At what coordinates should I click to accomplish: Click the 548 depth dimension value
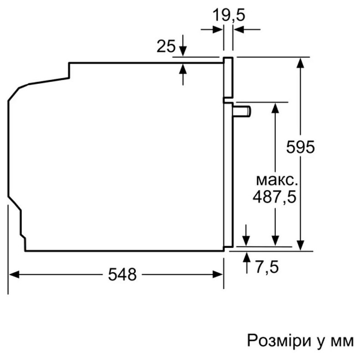coord(123,274)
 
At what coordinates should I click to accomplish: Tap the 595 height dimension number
coord(301,147)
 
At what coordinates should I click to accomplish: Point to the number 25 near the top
coord(166,46)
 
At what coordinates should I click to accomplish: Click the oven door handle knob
coord(243,110)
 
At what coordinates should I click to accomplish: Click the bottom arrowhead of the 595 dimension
coord(301,246)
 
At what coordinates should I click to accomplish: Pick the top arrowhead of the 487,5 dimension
coord(275,108)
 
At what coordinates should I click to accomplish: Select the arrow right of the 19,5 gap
coord(239,30)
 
